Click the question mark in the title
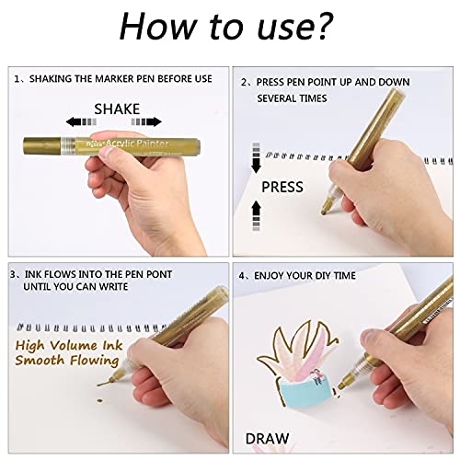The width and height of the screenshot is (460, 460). click(x=341, y=27)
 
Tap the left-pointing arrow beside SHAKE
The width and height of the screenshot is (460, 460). click(x=78, y=121)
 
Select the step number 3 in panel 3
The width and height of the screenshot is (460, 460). click(x=12, y=274)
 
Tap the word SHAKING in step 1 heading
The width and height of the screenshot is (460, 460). click(x=52, y=80)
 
